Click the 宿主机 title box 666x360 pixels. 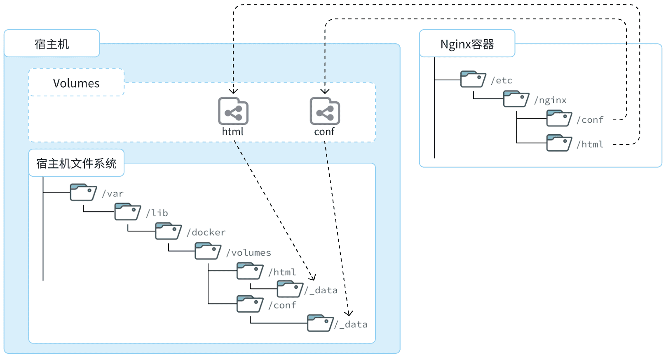52,43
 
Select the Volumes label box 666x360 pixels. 76,82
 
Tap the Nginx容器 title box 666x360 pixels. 467,43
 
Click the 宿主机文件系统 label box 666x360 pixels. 76,163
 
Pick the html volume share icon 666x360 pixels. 233,111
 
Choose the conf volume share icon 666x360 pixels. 325,111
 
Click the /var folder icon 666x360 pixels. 83,192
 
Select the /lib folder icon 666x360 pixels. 127,212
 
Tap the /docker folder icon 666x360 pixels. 168,231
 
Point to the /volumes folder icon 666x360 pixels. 208,251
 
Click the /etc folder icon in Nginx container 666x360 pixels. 473,79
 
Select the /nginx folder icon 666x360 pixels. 516,99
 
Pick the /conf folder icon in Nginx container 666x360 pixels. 559,118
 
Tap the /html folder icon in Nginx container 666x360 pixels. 559,143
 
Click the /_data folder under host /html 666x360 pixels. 290,289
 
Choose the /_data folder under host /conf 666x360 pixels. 321,323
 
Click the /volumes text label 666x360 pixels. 249,252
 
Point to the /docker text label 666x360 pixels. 206,232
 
